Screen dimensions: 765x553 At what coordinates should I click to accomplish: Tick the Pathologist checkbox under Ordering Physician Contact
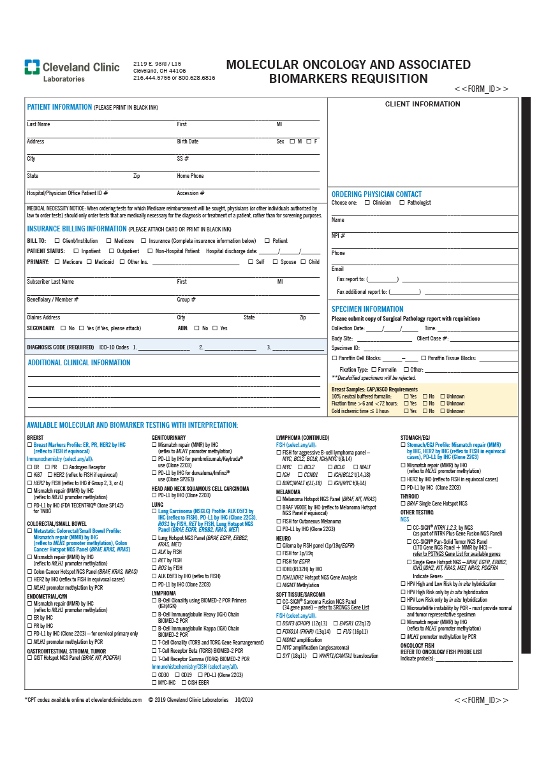(402, 203)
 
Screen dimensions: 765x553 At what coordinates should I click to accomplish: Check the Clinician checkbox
(367, 203)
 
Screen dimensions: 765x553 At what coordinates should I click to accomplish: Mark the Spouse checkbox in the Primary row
(276, 262)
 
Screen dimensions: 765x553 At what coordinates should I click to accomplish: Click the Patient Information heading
(59, 107)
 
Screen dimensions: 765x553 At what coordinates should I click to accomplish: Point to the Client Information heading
(422, 104)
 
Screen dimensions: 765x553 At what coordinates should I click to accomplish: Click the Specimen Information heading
(367, 309)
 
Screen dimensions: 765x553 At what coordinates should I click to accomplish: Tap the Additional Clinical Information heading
(79, 363)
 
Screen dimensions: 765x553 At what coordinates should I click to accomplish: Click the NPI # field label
(338, 236)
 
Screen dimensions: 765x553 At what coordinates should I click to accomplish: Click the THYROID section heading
(411, 496)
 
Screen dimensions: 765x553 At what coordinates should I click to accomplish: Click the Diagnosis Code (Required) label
(61, 347)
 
